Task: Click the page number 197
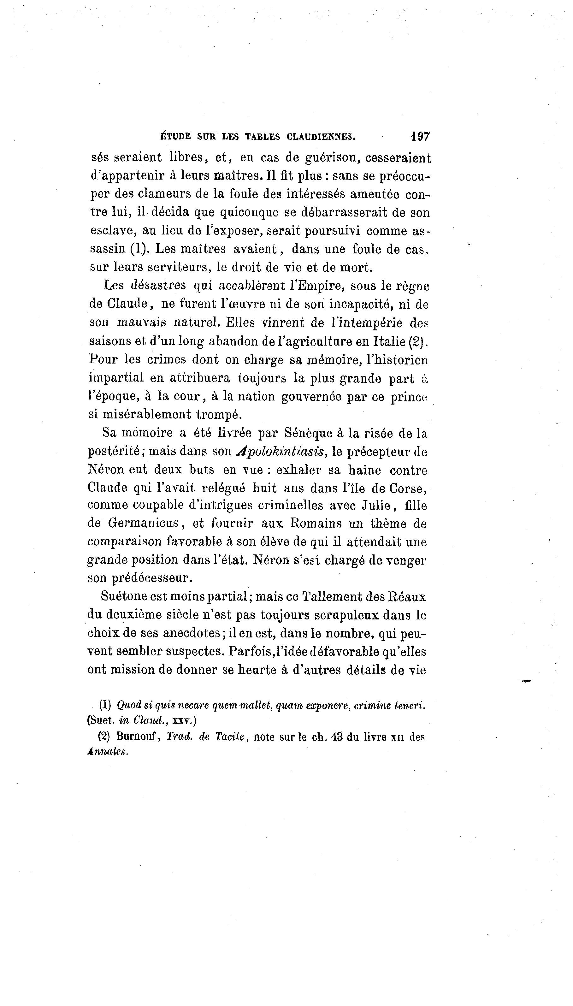pyautogui.click(x=420, y=137)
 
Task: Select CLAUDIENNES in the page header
pyautogui.click(x=322, y=137)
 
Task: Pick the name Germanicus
pyautogui.click(x=144, y=524)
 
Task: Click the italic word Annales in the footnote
pyautogui.click(x=107, y=752)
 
